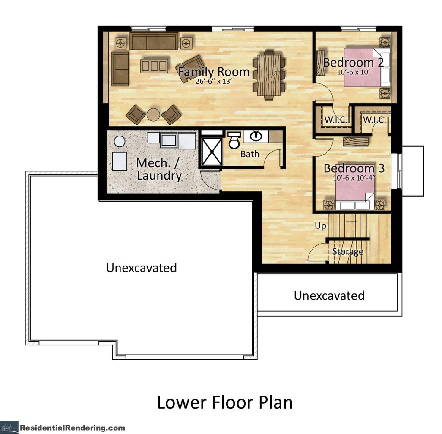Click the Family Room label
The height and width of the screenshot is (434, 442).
tap(214, 72)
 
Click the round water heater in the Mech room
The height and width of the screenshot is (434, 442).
tap(120, 141)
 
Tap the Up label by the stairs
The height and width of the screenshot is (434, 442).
tap(320, 226)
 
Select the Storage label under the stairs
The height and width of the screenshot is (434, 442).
tap(347, 251)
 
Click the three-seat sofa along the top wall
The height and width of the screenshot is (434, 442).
tap(153, 42)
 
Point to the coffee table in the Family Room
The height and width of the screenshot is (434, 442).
tap(154, 66)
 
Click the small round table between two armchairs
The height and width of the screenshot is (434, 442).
tap(154, 114)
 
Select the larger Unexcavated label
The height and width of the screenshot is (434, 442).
tap(142, 268)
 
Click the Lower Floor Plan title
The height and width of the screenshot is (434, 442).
tap(224, 402)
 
